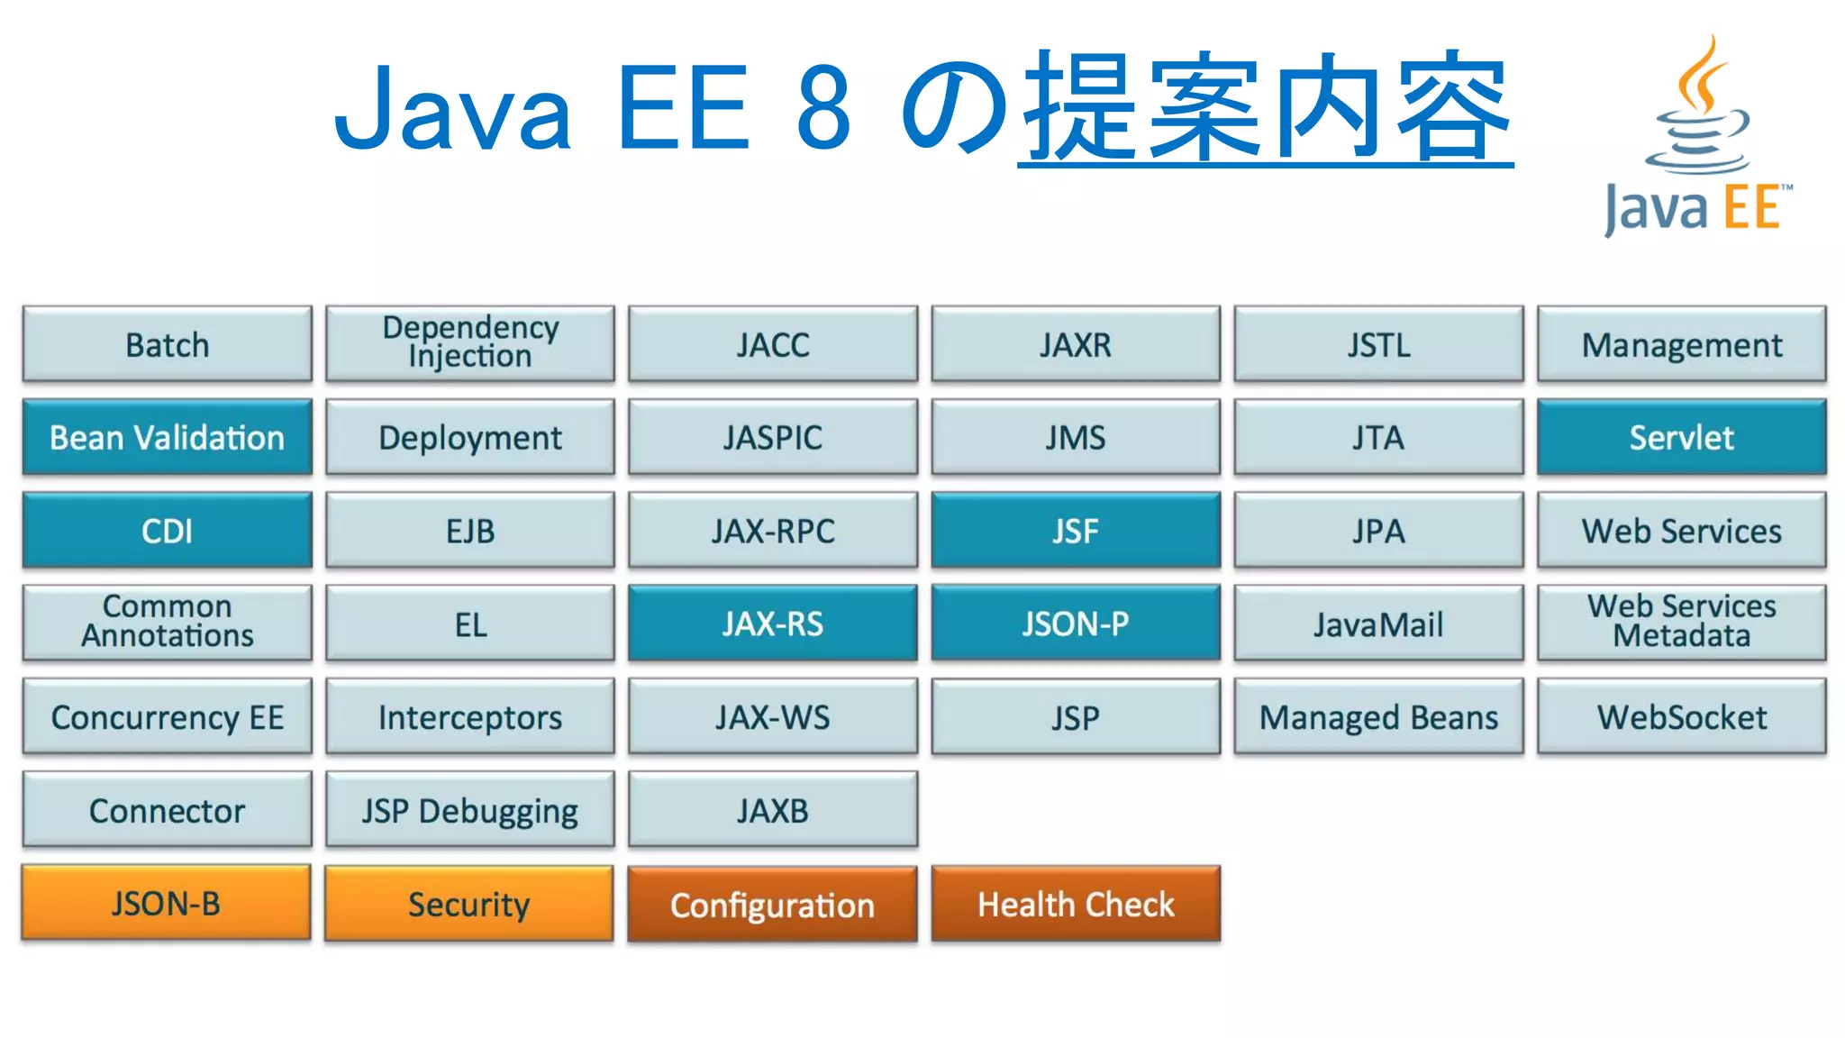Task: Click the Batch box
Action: [x=168, y=345]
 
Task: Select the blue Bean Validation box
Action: [x=168, y=438]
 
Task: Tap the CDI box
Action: [x=168, y=531]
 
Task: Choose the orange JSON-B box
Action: [x=167, y=903]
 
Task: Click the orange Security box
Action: [x=469, y=904]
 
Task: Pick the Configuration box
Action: [x=772, y=905]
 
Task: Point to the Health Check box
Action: [x=1076, y=904]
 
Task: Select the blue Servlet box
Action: [x=1681, y=438]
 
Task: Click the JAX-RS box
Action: [x=772, y=624]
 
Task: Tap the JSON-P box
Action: [x=1076, y=624]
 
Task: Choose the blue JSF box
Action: [x=1076, y=531]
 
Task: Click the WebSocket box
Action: [x=1681, y=717]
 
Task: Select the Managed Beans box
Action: [x=1378, y=717]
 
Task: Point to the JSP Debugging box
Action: [x=469, y=810]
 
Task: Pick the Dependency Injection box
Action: [x=469, y=343]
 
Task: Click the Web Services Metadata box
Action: [x=1681, y=622]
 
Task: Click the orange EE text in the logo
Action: [x=1752, y=208]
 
